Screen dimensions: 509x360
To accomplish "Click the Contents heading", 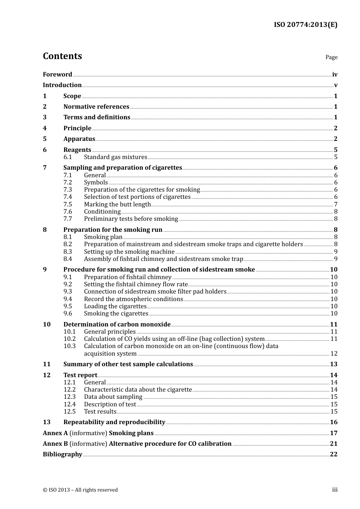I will coord(62,56).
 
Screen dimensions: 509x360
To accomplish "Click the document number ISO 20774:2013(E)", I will coord(305,25).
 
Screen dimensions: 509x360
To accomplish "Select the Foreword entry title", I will coord(57,75).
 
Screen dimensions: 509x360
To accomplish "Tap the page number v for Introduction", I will coord(335,85).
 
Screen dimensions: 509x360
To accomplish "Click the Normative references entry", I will coord(96,107).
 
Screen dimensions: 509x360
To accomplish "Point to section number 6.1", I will coord(67,157).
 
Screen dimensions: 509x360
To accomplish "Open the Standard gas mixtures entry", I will coord(116,157).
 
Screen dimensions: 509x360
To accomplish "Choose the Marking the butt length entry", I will coord(117,205).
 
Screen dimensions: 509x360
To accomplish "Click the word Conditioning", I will coord(102,212).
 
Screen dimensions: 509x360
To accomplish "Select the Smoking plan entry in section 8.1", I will coord(103,237).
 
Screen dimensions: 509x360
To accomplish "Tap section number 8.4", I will coord(67,259).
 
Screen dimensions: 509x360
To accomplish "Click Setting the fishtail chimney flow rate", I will coord(136,284).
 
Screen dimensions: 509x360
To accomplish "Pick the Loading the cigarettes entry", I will coord(115,306).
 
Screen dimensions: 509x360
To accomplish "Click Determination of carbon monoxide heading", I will coord(117,325).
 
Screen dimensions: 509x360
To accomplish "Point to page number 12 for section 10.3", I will coord(333,354).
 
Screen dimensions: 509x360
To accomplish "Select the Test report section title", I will coord(80,375).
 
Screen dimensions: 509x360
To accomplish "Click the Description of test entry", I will coord(110,404).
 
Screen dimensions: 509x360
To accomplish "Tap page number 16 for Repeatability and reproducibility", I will coord(333,422).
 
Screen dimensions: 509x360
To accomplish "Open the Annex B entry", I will coord(137,444).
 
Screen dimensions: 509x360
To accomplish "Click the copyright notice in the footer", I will coord(80,490).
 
